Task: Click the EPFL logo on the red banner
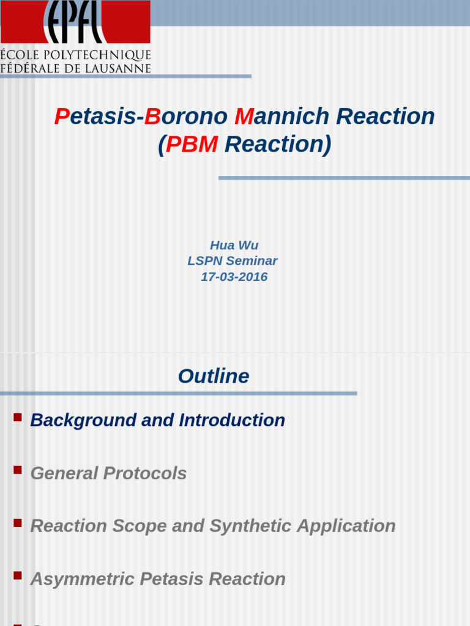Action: [75, 22]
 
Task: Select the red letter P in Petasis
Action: [61, 116]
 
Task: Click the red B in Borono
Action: [152, 116]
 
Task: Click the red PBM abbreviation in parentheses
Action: [192, 145]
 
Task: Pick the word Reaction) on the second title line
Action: [278, 145]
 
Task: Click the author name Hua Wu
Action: [234, 245]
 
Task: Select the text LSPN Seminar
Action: [233, 261]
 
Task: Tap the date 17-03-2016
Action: [234, 277]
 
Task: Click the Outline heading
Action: [214, 376]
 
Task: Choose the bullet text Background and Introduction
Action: [157, 421]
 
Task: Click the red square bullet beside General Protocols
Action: [17, 470]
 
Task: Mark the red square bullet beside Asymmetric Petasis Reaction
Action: [17, 576]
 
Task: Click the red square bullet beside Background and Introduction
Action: [17, 418]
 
